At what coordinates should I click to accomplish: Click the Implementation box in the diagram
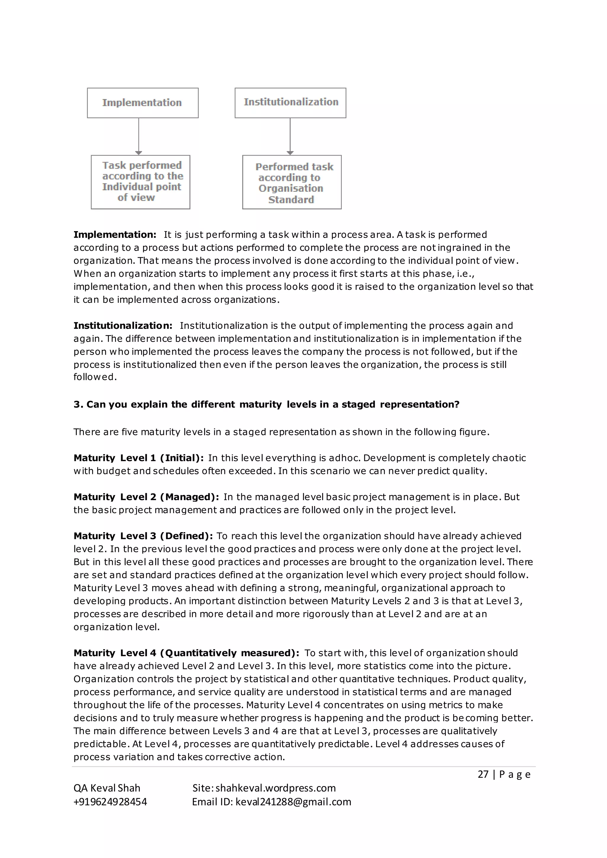(x=142, y=103)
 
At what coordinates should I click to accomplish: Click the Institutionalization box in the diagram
(x=290, y=103)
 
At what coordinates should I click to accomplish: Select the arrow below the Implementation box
(x=139, y=136)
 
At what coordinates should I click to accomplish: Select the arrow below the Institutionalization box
(x=290, y=136)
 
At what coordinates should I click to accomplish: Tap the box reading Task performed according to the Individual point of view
(x=140, y=182)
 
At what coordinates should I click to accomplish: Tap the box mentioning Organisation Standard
(x=292, y=183)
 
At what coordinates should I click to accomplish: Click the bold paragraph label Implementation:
(x=115, y=235)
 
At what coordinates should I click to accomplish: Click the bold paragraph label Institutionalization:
(x=123, y=326)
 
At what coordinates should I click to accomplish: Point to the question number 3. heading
(x=266, y=404)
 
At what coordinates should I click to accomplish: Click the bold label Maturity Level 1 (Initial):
(x=139, y=458)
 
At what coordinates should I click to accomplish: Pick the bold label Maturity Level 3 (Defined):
(x=143, y=536)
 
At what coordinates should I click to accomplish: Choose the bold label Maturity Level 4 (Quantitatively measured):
(x=186, y=653)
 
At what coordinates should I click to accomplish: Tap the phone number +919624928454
(x=110, y=802)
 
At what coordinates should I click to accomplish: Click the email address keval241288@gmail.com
(x=293, y=802)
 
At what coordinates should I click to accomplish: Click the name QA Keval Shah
(x=107, y=788)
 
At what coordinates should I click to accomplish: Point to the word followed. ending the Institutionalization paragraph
(x=95, y=377)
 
